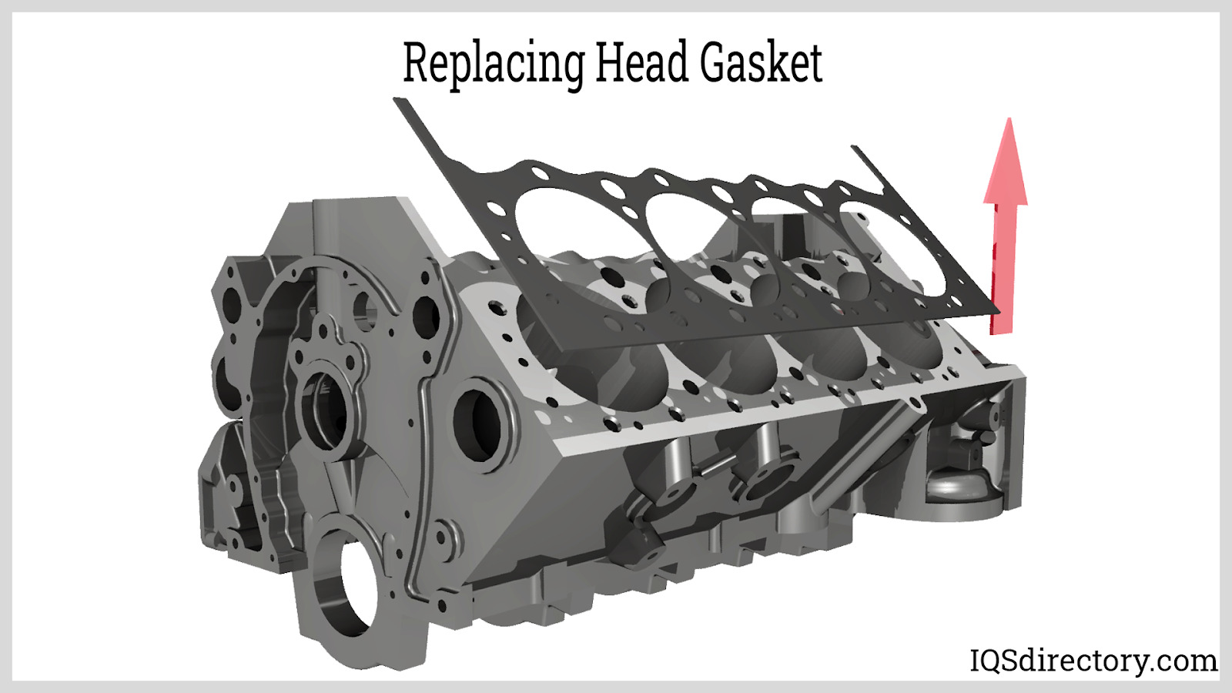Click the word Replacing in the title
pos(494,65)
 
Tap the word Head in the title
pos(642,62)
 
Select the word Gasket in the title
pos(762,62)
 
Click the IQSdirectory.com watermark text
pos(1093,661)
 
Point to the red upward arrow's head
pos(1006,162)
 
